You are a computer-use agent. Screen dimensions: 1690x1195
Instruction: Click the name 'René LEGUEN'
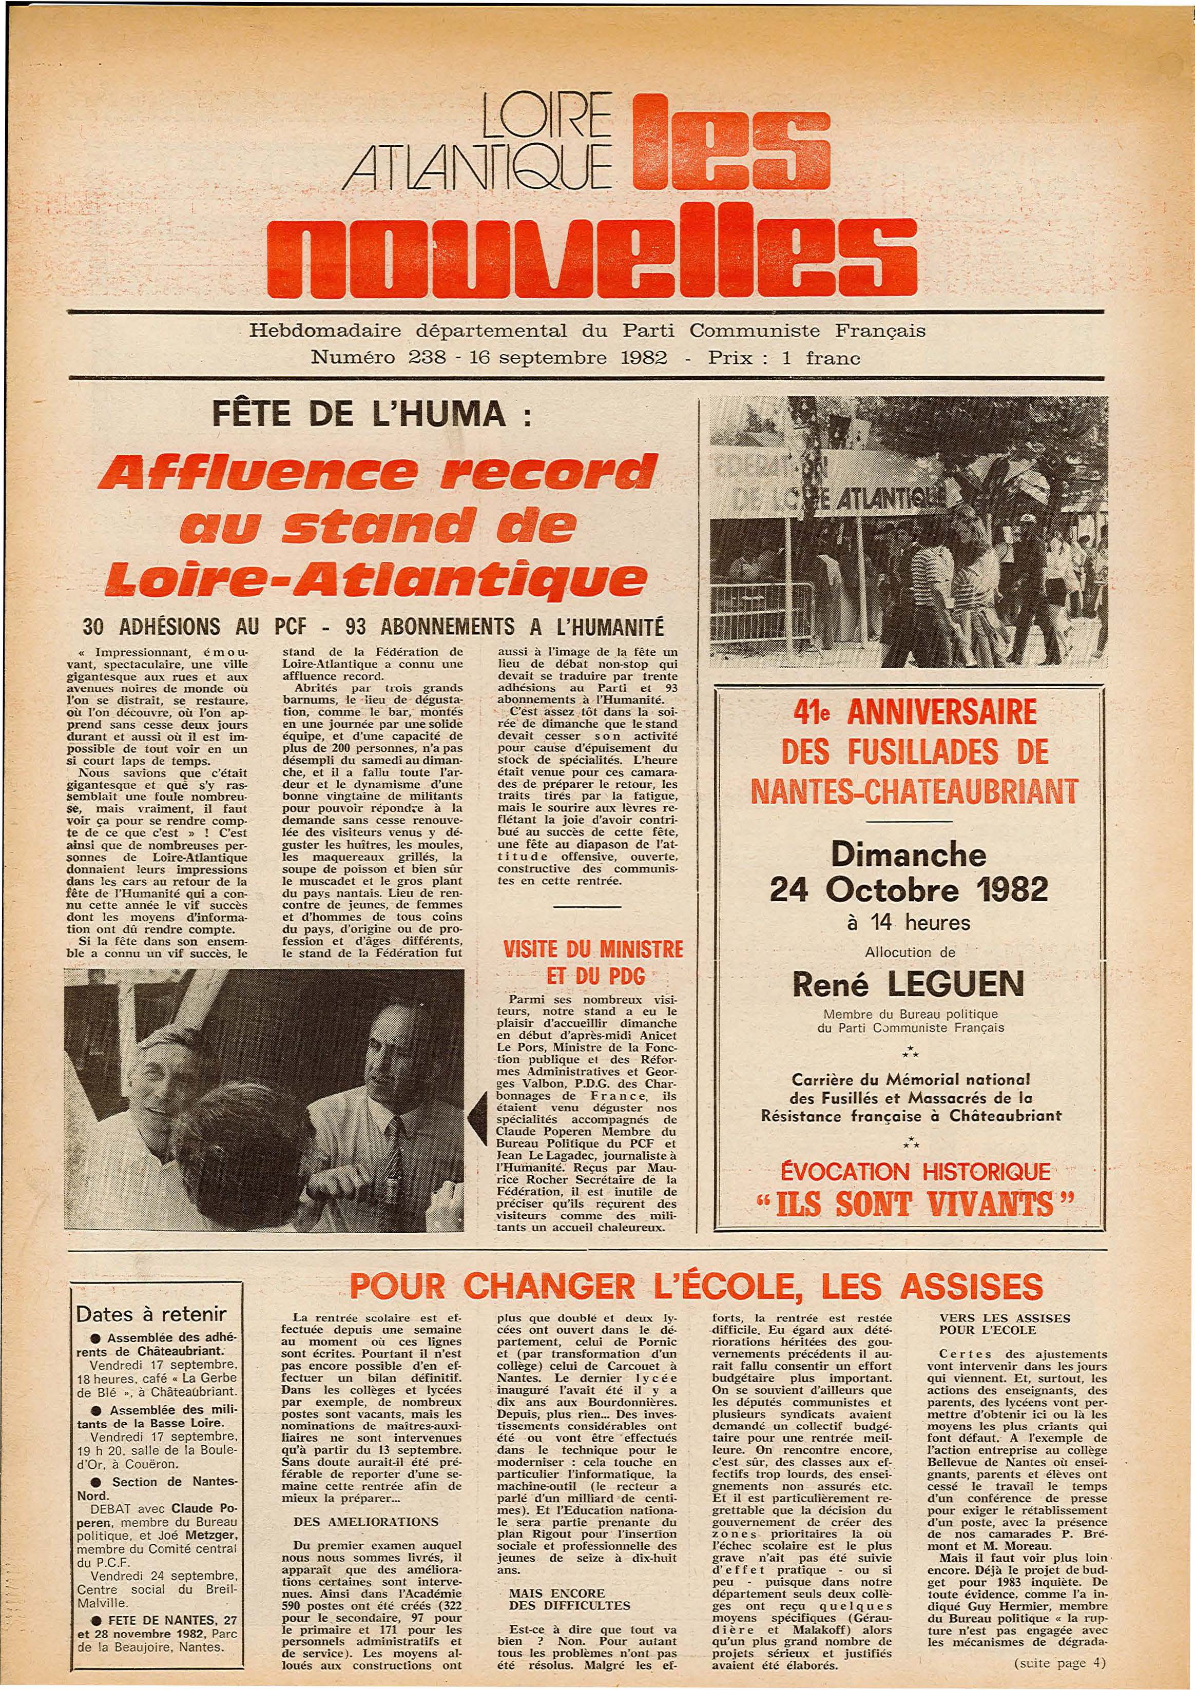pos(907,985)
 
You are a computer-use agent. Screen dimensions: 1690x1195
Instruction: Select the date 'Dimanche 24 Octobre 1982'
pos(909,873)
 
